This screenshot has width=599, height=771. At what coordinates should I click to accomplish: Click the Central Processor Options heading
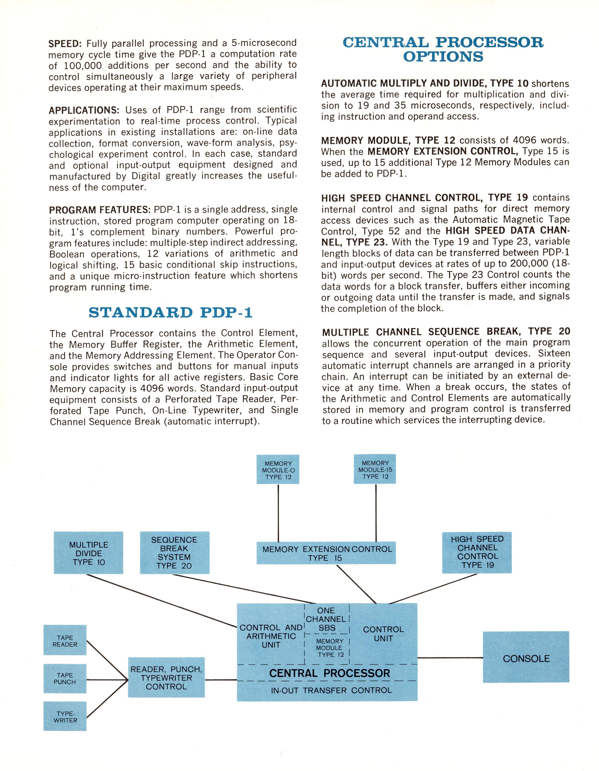click(443, 50)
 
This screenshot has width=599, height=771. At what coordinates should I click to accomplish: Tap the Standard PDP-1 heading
click(170, 313)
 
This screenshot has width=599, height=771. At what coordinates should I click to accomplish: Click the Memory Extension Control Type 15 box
click(326, 553)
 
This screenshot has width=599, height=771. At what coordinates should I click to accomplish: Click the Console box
click(526, 658)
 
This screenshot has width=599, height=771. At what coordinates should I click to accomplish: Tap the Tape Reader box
click(65, 641)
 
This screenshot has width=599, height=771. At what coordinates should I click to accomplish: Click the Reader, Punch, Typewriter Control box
click(166, 678)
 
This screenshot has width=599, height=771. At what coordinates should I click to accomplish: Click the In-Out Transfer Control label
click(331, 691)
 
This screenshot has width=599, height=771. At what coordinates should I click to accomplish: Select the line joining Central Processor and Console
click(450, 658)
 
